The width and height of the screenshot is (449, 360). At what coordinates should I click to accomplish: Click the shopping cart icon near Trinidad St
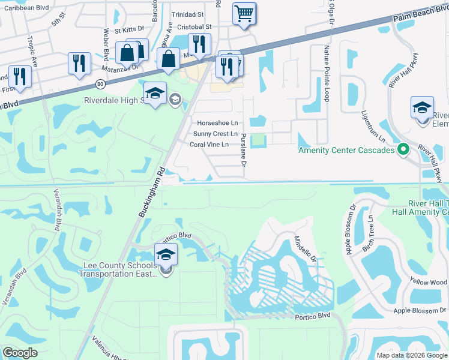[244, 13]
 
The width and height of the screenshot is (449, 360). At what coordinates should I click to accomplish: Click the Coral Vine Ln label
[209, 145]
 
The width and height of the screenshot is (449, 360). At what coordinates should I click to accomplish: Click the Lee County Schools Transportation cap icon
[166, 254]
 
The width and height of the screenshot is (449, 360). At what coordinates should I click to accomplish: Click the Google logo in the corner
[20, 353]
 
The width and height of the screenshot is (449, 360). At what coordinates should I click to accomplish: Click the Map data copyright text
[412, 355]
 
